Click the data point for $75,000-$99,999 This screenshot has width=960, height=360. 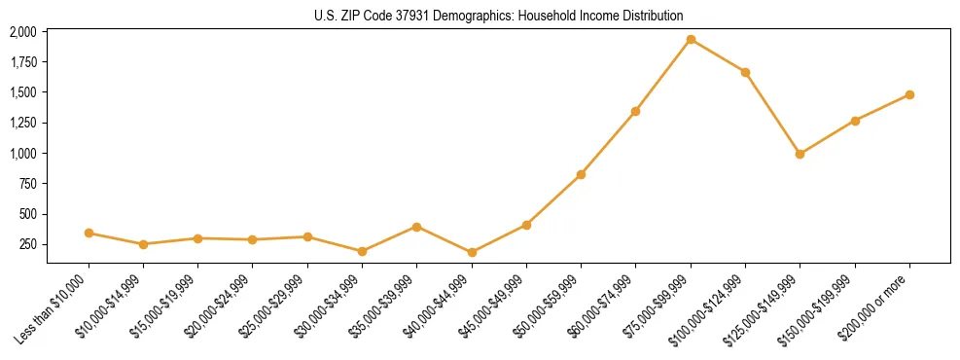[x=691, y=40]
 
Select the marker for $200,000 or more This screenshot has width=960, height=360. [x=909, y=94]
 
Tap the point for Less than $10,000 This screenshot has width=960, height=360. [x=89, y=233]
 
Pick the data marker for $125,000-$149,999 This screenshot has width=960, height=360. [x=800, y=154]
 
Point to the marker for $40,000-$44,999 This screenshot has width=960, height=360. [x=472, y=252]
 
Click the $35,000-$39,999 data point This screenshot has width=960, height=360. [x=417, y=227]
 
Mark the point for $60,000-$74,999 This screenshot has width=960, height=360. [x=635, y=111]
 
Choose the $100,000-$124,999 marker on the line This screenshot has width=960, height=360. [x=745, y=72]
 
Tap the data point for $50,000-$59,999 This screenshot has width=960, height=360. [x=581, y=174]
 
